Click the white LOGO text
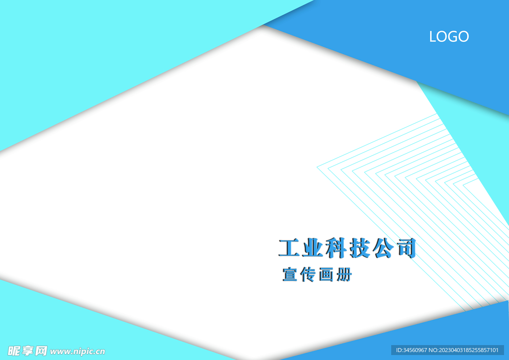(449, 37)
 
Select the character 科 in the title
(336, 248)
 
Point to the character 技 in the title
(359, 248)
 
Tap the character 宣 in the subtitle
(290, 274)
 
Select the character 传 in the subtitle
(308, 274)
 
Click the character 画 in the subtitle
(326, 275)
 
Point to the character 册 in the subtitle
(344, 275)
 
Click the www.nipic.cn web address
(78, 351)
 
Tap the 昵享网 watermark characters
(27, 351)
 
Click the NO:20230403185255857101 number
(464, 350)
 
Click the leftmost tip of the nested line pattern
(317, 167)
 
